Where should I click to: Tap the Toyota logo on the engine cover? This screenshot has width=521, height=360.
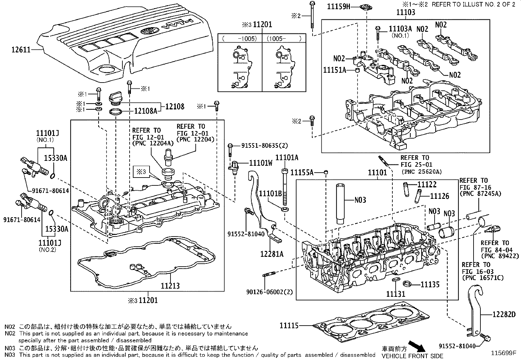(149, 32)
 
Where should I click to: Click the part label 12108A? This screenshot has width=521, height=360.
(145, 111)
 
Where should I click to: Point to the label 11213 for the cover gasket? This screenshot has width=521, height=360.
(170, 286)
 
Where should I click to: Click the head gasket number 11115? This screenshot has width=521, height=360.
(289, 326)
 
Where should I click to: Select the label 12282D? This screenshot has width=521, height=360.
(504, 315)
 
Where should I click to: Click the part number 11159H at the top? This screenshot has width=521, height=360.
(339, 6)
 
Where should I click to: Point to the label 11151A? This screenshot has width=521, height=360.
(334, 70)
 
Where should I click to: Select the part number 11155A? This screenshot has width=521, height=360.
(302, 172)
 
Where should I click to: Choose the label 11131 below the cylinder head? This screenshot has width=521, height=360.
(396, 294)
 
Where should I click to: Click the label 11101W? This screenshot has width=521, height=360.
(260, 163)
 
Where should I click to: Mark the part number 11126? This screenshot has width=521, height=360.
(440, 196)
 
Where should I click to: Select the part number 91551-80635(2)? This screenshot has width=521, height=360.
(260, 145)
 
